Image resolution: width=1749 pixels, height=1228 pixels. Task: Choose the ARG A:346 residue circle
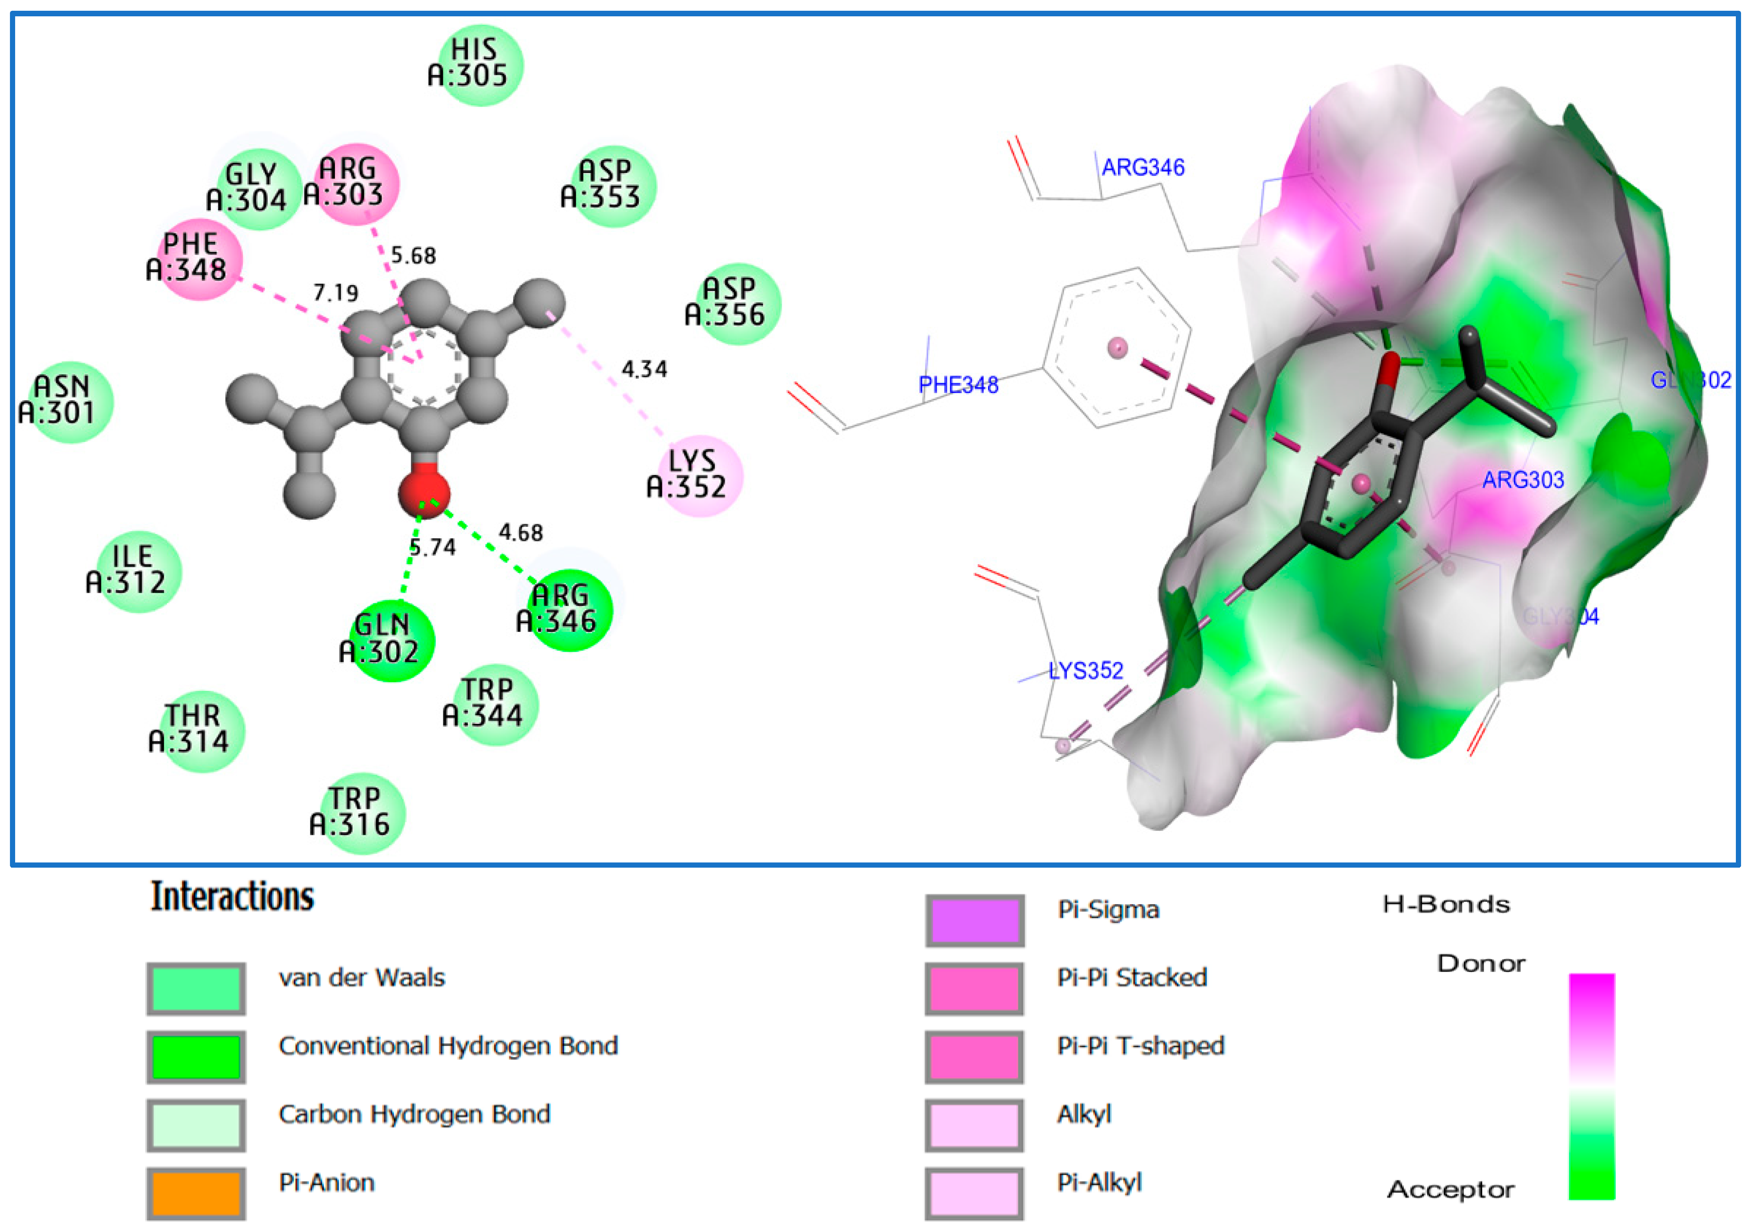[x=568, y=610]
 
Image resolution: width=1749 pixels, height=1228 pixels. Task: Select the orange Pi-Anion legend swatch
[x=197, y=1193]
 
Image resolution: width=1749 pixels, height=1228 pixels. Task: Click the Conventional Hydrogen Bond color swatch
[x=197, y=1057]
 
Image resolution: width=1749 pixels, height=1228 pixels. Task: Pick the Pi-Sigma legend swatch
[x=974, y=920]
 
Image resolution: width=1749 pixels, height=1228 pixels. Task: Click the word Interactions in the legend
[x=232, y=897]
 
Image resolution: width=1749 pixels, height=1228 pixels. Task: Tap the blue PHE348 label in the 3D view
[x=958, y=385]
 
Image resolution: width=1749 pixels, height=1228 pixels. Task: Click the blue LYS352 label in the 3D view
[x=1086, y=671]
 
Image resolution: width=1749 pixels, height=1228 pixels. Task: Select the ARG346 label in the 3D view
[x=1143, y=167]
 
